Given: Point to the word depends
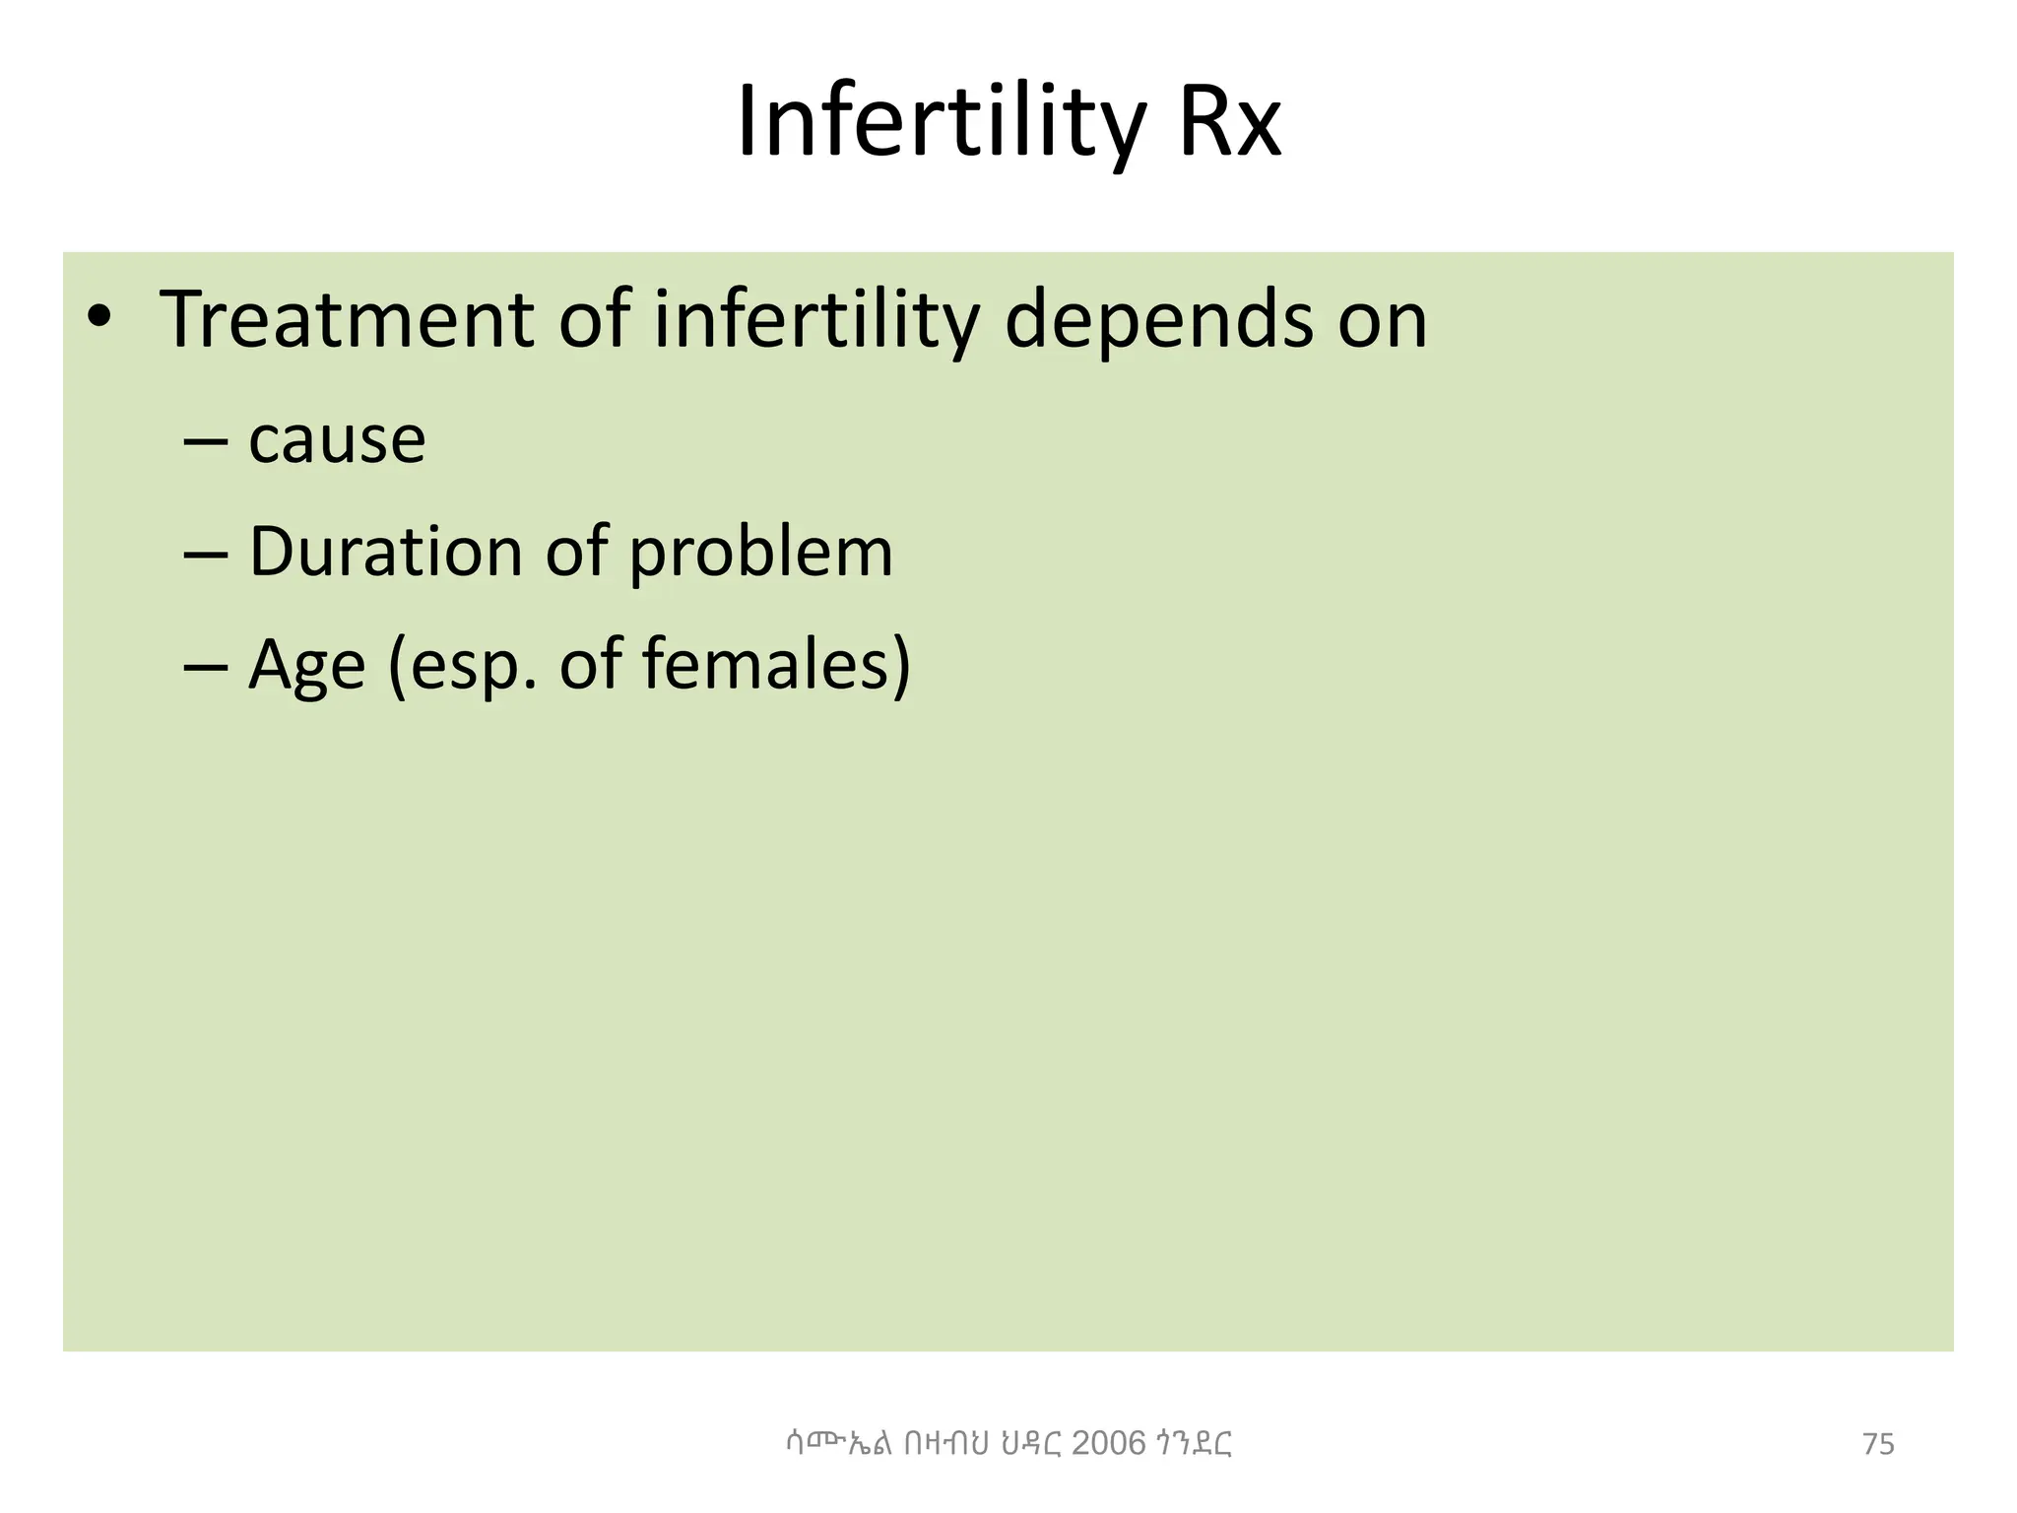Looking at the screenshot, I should tap(1158, 320).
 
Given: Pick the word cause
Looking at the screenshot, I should tap(337, 439).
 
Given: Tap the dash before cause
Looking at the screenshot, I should tap(205, 441).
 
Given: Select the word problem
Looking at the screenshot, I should tap(760, 554).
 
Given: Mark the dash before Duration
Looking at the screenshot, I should tap(205, 554).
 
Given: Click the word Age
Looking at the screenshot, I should tap(306, 666).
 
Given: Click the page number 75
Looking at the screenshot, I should tap(1878, 1444).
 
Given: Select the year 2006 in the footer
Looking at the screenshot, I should tap(1108, 1443).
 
